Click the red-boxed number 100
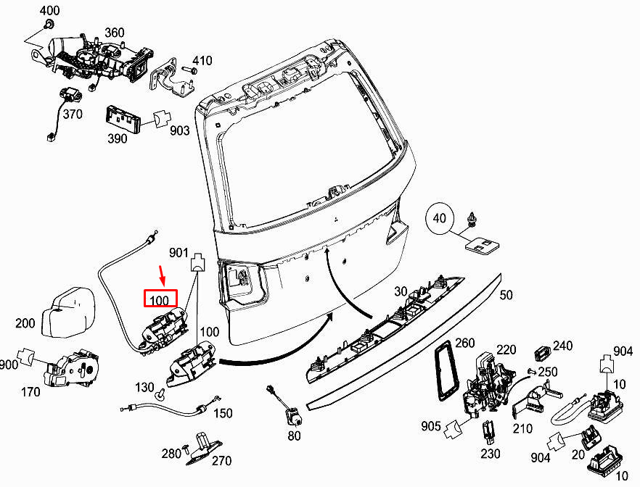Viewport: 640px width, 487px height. coord(159,301)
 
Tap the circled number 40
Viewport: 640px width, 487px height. coord(439,218)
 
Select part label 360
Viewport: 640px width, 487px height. coord(115,33)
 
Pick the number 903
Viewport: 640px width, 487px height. coord(180,130)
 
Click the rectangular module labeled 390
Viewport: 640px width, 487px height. coord(123,119)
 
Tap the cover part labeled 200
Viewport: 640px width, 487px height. coord(68,312)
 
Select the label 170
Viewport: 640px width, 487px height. coord(30,392)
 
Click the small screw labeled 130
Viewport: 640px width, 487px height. coord(160,394)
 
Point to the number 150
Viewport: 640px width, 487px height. coord(223,413)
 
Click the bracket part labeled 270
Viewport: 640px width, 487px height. coord(204,449)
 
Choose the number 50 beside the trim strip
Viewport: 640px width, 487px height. coord(506,295)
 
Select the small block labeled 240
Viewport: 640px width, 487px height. coord(543,354)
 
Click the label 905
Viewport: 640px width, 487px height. coord(431,427)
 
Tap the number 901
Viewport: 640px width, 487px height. coord(179,253)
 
